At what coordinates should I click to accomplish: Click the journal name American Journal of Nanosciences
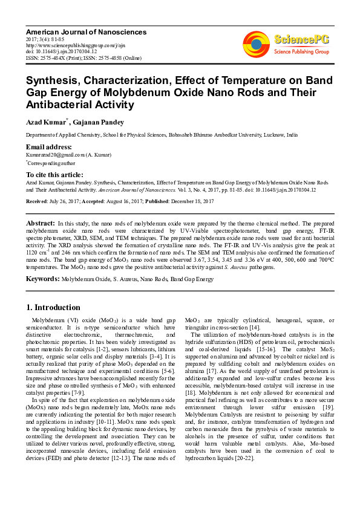pyautogui.click(x=76, y=30)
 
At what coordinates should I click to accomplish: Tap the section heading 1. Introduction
pyautogui.click(x=53, y=307)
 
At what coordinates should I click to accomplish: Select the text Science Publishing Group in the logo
pyautogui.click(x=301, y=53)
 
